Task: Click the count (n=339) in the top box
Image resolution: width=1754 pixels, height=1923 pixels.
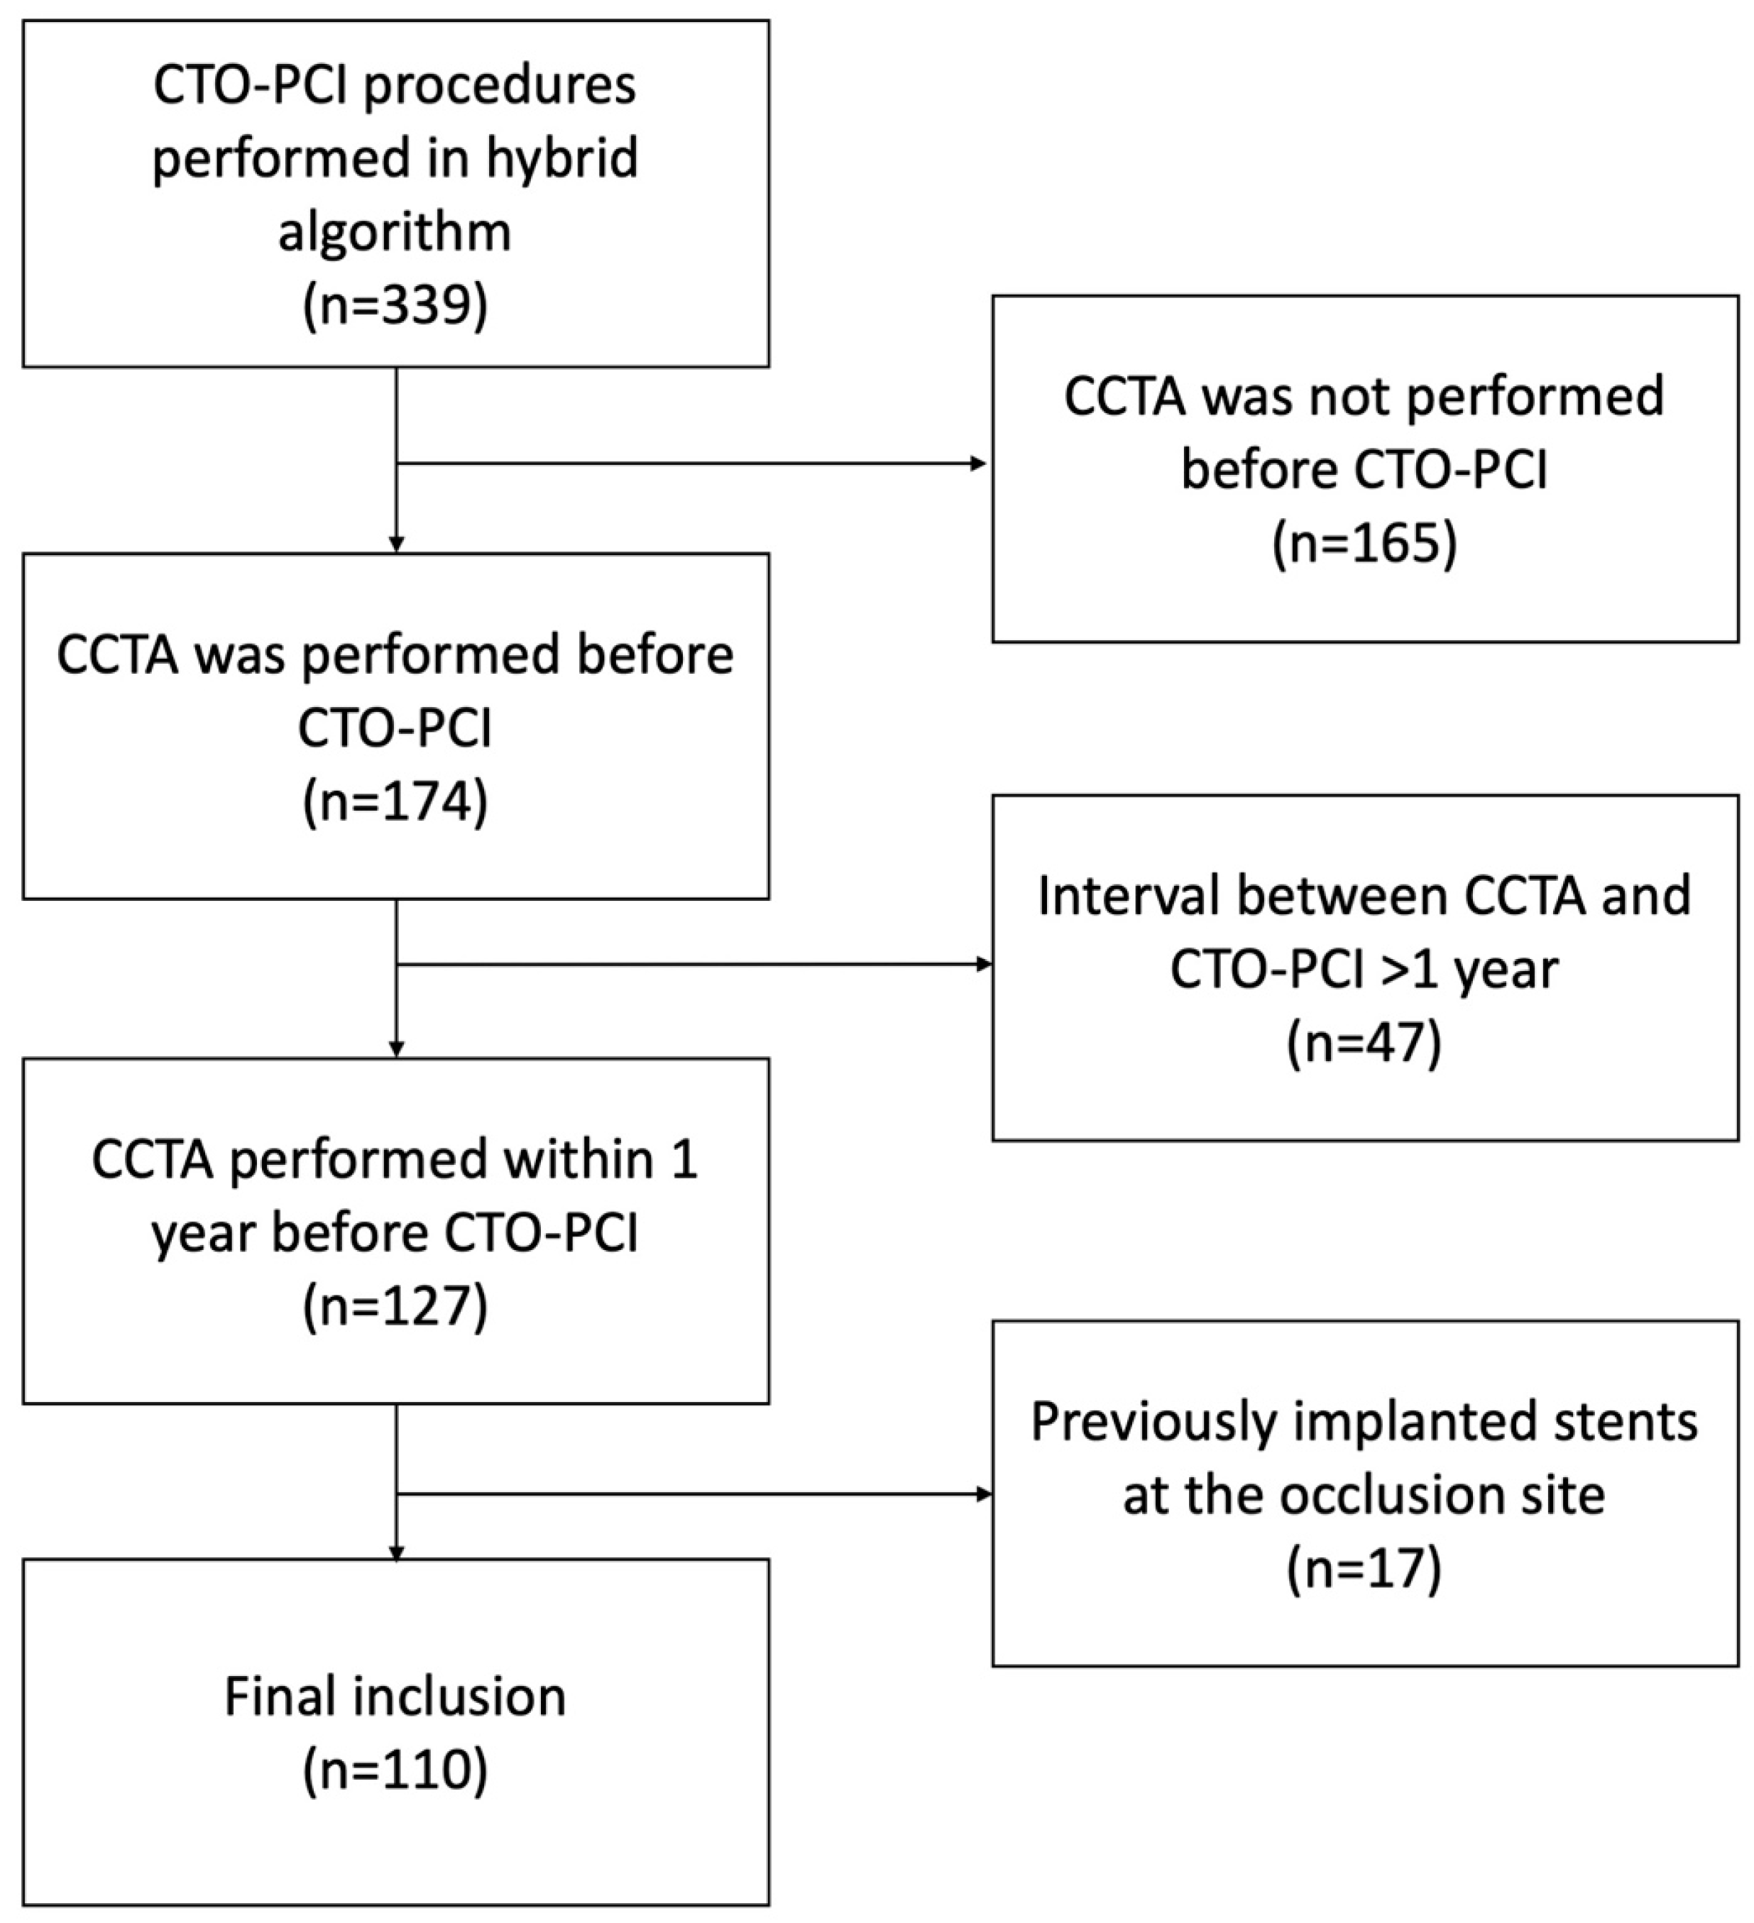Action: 395,306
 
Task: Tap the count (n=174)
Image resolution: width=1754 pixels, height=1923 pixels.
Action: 395,801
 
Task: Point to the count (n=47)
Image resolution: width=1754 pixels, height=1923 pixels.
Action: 1365,1043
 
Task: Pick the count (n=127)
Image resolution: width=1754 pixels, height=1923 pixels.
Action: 395,1306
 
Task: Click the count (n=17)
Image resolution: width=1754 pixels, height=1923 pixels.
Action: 1365,1569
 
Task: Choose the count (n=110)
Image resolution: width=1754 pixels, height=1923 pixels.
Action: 395,1771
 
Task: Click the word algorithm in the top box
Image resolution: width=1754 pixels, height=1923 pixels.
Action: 395,232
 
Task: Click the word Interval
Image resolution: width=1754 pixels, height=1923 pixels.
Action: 1130,897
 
